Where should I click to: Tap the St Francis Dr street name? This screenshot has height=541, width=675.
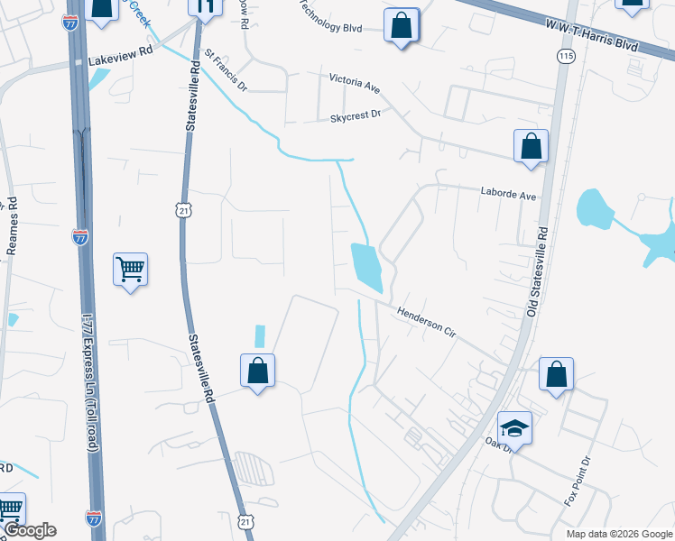point(226,72)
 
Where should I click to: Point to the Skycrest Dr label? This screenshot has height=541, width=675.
point(356,115)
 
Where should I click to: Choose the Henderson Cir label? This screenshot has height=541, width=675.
point(426,321)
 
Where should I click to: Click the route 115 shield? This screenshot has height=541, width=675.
point(566,56)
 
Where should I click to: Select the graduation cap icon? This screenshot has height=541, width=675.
point(514,427)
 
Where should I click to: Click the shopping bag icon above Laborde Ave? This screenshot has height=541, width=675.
point(531,146)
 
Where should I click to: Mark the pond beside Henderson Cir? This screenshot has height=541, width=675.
point(368,267)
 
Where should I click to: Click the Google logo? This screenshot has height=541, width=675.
point(30,530)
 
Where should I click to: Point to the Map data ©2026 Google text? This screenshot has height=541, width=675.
point(618,534)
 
